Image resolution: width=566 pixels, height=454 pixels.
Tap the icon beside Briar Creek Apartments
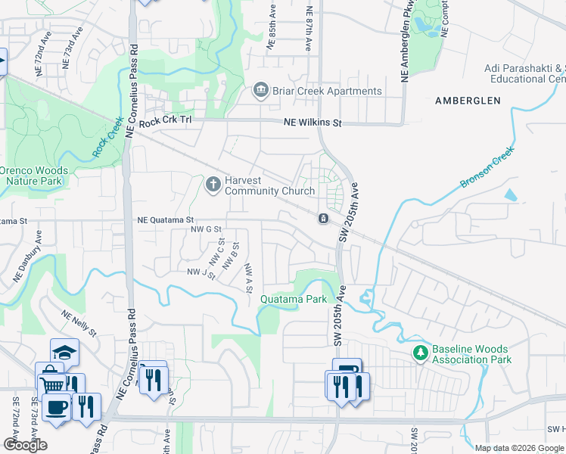tap(260, 92)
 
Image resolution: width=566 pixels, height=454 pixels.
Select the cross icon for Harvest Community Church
tap(213, 184)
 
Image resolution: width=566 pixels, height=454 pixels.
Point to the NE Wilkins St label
tap(313, 123)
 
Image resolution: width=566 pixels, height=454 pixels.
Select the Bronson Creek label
tap(487, 168)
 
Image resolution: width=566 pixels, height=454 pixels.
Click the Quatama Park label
tap(294, 299)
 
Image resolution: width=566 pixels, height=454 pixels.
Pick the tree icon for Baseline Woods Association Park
tap(420, 353)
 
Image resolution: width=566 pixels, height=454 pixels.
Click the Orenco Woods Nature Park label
tap(34, 176)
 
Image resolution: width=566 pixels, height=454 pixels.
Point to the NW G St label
tap(206, 229)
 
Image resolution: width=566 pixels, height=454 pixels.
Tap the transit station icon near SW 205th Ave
tap(323, 219)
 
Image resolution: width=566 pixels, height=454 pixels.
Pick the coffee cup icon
tap(56, 407)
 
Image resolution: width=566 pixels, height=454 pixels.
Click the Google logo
tap(26, 445)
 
